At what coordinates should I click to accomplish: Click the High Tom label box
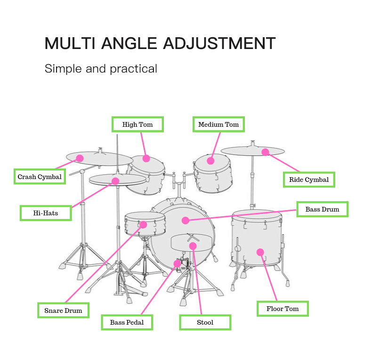137,124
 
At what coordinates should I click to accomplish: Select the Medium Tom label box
218,124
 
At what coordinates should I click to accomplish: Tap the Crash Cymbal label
40,176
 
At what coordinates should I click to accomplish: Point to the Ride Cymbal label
309,180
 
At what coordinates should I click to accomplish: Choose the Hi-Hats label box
46,213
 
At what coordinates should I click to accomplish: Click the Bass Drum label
323,209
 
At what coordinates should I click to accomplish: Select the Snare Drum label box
64,311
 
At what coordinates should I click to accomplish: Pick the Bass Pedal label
127,322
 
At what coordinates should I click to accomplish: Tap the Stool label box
205,322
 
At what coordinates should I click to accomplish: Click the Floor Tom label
283,309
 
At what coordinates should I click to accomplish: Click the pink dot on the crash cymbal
80,158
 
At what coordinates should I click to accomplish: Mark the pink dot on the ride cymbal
265,152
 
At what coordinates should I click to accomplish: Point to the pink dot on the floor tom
260,252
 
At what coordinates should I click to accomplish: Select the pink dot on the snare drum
143,225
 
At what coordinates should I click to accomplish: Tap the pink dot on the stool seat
193,246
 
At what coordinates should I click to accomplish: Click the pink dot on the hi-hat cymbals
115,181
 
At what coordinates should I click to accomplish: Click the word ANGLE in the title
129,43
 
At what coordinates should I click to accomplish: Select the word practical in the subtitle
133,69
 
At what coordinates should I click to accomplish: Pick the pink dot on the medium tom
210,161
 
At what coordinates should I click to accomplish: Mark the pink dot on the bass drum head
185,221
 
